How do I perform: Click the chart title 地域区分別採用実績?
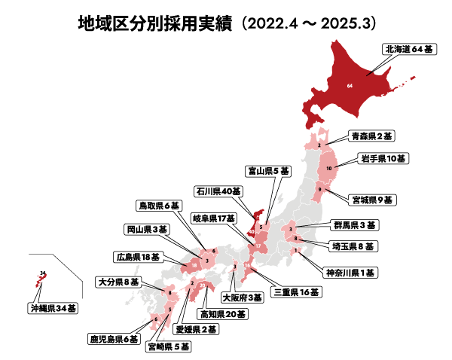coord(154,23)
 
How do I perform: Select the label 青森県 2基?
coord(371,137)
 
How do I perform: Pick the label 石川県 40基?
coord(219,191)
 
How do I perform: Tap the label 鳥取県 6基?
coord(160,205)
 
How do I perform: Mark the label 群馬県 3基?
coord(354,225)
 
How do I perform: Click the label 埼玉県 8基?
coord(354,246)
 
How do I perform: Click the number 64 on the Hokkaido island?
coord(350,87)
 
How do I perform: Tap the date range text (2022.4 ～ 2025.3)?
coord(307,23)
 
